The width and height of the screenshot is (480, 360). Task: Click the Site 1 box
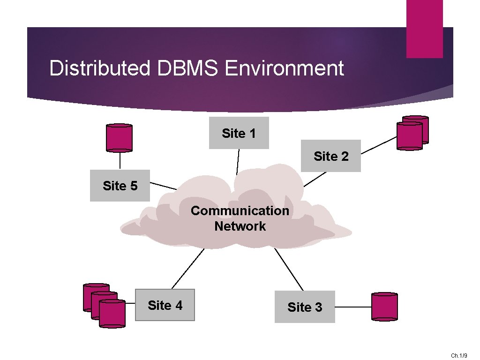coord(239,133)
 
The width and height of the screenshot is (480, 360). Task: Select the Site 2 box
coord(331,156)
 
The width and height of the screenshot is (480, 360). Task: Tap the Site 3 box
coord(305,307)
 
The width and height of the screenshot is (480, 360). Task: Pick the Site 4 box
coord(165,305)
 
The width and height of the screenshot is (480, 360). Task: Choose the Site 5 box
coord(120,186)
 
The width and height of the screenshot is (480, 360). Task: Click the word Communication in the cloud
coord(240,210)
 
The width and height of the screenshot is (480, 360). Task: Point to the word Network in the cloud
coord(240,226)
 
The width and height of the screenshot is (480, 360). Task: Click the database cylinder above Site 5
coord(120,138)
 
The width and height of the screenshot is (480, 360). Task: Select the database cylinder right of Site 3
coord(384,307)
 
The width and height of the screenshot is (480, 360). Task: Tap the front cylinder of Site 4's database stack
coord(112,313)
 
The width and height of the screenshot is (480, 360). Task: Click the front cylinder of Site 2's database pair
coord(409,136)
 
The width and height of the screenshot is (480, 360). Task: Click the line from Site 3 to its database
coord(353,307)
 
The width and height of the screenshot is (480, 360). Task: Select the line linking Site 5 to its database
coord(120,161)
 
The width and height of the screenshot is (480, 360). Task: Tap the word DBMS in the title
coord(187,68)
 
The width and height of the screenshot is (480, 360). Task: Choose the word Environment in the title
coord(285,68)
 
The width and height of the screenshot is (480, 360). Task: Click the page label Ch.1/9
coord(459,356)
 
